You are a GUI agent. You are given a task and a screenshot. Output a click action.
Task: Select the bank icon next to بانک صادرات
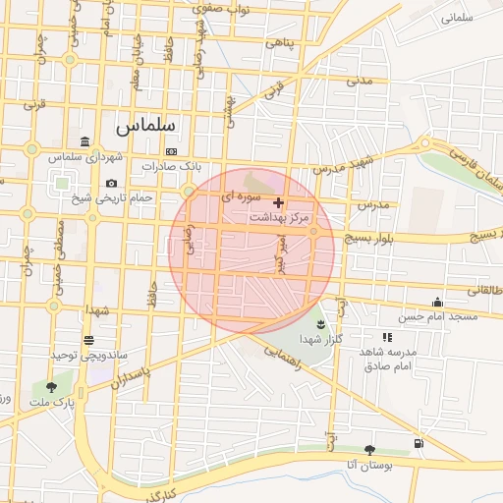173,151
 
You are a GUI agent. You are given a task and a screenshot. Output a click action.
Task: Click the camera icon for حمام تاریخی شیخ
111,184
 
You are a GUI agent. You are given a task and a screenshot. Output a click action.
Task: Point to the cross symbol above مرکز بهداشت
279,202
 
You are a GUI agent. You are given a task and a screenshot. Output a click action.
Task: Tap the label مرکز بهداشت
280,216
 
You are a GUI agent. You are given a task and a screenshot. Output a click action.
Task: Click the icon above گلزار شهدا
320,324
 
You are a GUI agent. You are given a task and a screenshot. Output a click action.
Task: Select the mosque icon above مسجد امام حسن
437,303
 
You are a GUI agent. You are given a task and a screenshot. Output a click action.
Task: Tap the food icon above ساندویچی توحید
89,339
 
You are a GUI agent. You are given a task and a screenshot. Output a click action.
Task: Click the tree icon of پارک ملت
51,387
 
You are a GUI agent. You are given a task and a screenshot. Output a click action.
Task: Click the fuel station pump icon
420,444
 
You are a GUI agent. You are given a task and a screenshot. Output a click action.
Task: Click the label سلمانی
458,18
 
